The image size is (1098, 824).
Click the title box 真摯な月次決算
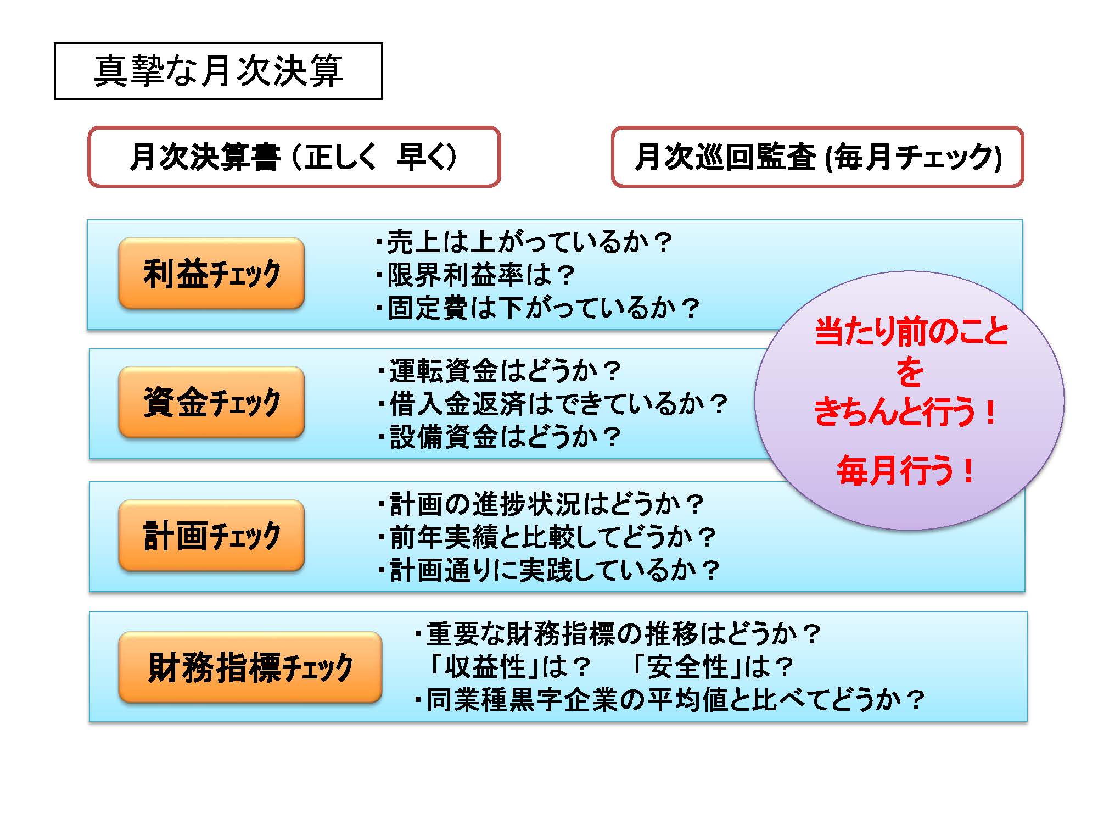[218, 71]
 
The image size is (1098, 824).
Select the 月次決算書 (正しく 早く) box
[294, 157]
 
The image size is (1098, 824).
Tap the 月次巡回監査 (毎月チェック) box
[817, 157]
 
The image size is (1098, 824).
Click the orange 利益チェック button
[211, 274]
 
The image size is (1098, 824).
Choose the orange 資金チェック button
[211, 402]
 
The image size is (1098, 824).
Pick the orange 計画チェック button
[211, 536]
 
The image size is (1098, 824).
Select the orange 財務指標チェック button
[250, 667]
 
